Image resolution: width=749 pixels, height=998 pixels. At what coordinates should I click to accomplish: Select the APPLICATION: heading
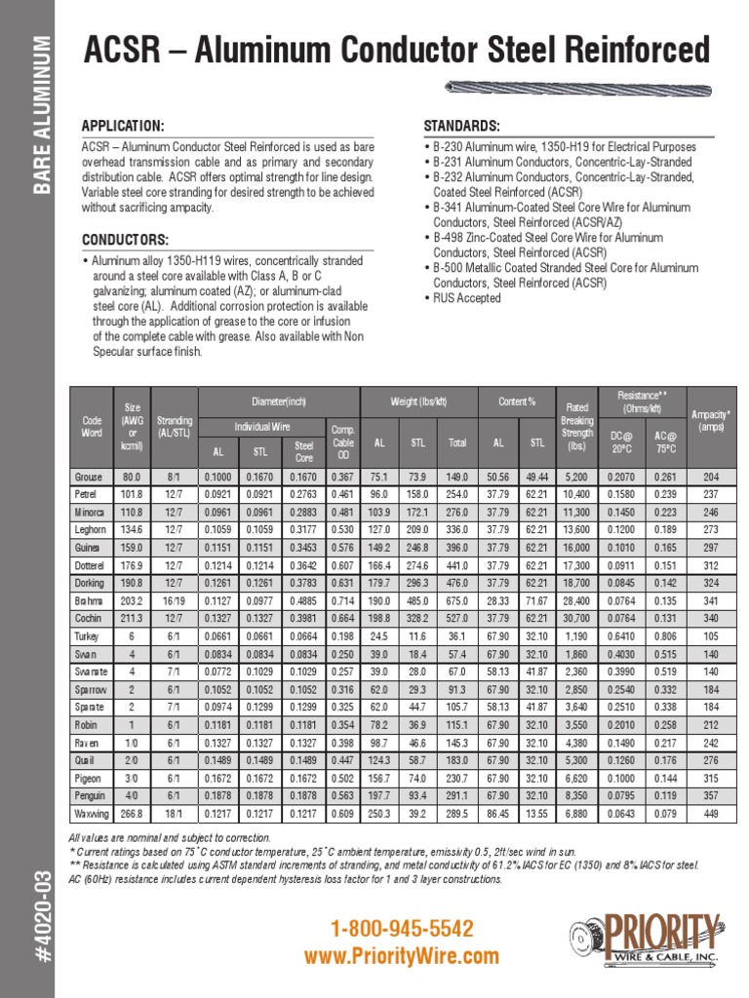[122, 127]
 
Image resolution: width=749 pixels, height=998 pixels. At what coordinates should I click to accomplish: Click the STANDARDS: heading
[461, 127]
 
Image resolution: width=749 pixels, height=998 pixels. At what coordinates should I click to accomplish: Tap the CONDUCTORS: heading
[125, 240]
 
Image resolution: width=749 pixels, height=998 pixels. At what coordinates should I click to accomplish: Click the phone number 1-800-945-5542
[402, 928]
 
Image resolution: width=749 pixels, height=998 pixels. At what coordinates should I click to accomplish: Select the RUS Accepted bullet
[466, 298]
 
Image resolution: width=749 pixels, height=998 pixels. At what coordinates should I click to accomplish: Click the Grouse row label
[91, 477]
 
